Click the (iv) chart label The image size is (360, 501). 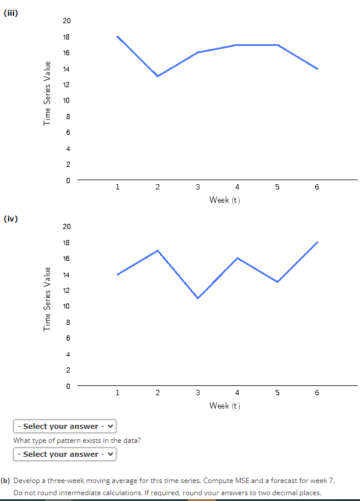coord(10,219)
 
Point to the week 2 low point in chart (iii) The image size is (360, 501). coord(158,76)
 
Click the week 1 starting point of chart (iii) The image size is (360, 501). coord(117,37)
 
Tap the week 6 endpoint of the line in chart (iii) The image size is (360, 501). coord(317,69)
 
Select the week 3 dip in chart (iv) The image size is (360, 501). coord(198,298)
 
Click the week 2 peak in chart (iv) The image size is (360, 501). coord(158,250)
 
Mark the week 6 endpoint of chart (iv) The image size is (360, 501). coord(317,242)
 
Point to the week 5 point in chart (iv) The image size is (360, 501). coord(277,282)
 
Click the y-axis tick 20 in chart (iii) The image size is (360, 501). coord(66,21)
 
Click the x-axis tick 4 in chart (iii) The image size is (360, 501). coord(237,187)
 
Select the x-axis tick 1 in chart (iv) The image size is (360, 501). coord(117,392)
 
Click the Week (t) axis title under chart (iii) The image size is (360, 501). coord(224,200)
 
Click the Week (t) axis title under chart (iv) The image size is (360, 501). coord(224,405)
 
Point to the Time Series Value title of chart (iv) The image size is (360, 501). coord(48,299)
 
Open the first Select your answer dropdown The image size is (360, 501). coord(65,427)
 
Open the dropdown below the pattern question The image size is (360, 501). coord(65,454)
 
